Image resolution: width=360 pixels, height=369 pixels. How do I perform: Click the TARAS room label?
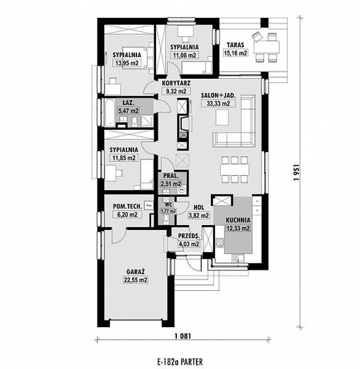pos(235,45)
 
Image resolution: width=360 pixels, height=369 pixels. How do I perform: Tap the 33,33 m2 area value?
pos(218,104)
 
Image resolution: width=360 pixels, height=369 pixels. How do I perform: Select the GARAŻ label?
pos(136,272)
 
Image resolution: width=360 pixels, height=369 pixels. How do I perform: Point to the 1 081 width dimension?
pos(182,336)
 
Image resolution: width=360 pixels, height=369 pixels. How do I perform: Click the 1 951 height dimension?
pos(296,172)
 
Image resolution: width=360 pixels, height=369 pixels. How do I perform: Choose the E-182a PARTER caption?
pos(180,362)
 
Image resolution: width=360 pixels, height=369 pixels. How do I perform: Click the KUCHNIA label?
pos(238,220)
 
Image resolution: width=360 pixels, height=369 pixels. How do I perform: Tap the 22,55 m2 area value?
pos(136,280)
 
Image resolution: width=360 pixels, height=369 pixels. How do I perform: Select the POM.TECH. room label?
pos(127,206)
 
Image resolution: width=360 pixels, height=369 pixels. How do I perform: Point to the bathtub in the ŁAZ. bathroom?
pos(110,113)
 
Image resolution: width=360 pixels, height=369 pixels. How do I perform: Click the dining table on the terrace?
pos(266,47)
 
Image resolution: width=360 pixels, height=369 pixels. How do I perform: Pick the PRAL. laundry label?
pos(171,176)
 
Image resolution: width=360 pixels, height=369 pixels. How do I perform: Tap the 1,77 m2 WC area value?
pos(168,211)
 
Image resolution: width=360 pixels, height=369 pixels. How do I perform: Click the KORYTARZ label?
pos(176,83)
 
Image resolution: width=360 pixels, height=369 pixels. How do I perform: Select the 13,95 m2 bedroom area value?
pos(127,63)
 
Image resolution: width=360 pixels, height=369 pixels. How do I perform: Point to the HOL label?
pos(199,207)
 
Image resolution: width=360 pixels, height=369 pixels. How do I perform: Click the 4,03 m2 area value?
pos(188,244)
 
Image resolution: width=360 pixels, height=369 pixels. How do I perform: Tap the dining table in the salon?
pos(235,170)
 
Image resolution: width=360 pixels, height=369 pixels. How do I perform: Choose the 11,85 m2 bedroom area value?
pos(124,158)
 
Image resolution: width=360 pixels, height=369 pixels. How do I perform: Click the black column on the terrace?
pos(265,23)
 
